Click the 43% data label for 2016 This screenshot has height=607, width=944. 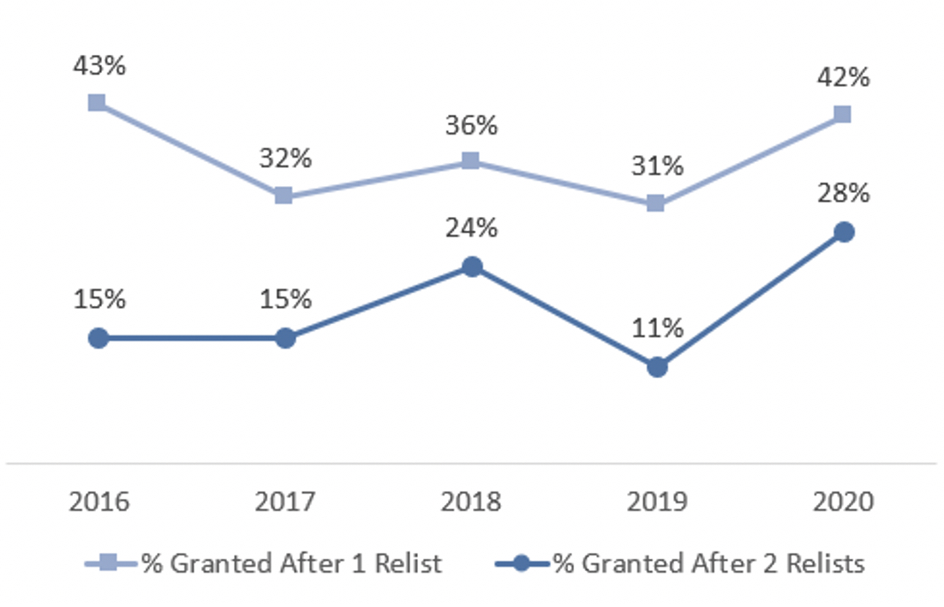99,66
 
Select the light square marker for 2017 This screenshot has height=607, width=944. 284,195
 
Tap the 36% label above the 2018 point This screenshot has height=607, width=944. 470,125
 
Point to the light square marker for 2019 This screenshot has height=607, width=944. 655,203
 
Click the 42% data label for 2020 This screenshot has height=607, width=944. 843,78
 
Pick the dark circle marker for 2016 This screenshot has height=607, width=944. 99,338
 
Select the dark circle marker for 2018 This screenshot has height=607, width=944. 470,267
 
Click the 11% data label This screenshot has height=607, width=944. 655,329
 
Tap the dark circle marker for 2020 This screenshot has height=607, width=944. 843,232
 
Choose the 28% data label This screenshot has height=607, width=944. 843,194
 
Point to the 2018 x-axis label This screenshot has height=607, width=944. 470,502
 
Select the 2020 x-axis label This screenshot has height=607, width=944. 843,502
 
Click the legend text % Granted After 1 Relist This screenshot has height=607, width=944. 291,563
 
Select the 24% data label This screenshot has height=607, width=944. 470,229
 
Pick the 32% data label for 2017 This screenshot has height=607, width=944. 284,159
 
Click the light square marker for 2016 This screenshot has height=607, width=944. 98,103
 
